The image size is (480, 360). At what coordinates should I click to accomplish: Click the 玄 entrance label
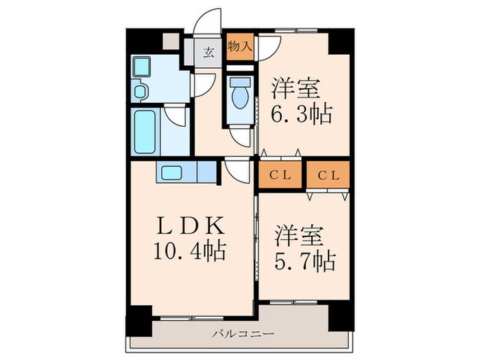(208, 51)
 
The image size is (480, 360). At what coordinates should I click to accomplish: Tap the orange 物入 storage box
(239, 47)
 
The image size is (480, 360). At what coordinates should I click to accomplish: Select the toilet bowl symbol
(240, 96)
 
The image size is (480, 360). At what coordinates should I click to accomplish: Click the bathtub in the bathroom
(145, 131)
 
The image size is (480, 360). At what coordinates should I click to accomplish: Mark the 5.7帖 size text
(304, 261)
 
